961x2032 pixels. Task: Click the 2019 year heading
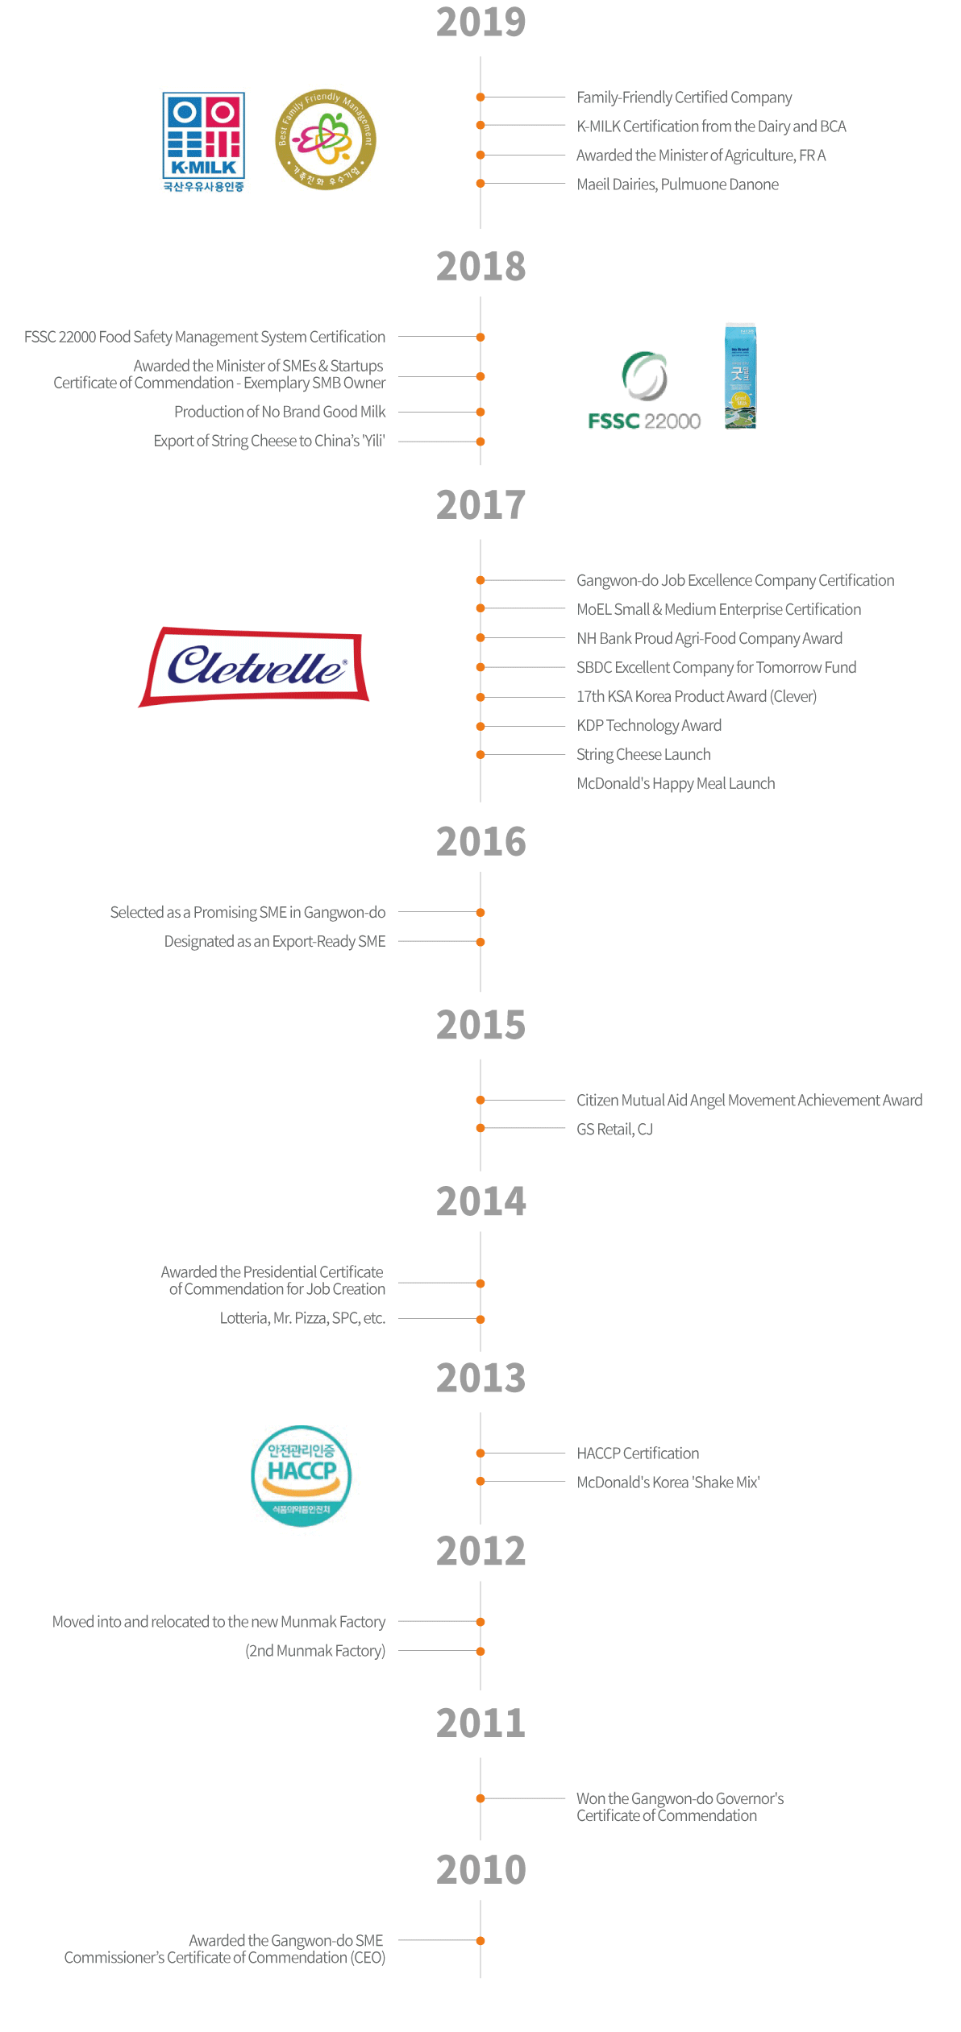[x=480, y=22]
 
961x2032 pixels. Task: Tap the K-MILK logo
[x=203, y=141]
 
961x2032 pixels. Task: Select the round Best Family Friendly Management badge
[x=325, y=139]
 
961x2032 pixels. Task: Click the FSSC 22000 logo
[x=644, y=392]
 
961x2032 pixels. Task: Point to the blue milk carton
[x=740, y=376]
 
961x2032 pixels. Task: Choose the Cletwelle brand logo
[x=254, y=666]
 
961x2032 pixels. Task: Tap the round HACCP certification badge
[x=301, y=1475]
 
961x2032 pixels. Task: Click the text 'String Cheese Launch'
[x=643, y=754]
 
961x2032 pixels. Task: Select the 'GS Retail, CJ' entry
[x=614, y=1129]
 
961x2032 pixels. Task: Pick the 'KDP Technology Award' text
[x=649, y=725]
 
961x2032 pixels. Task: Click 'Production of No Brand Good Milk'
[x=280, y=412]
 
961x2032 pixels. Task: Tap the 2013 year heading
[x=480, y=1378]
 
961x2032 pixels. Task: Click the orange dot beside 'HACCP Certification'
[x=480, y=1453]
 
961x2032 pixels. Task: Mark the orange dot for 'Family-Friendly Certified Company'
[x=480, y=97]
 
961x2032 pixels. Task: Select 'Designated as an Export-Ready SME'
[x=275, y=941]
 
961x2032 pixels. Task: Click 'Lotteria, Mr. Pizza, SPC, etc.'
[x=302, y=1318]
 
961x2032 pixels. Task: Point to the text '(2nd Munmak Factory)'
[x=315, y=1651]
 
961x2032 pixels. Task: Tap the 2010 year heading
[x=480, y=1869]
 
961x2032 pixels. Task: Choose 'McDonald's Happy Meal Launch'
[x=676, y=783]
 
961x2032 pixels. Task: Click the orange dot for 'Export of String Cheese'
[x=480, y=442]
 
